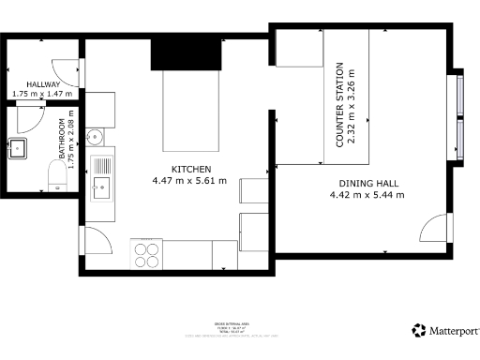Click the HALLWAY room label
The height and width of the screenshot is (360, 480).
tap(43, 84)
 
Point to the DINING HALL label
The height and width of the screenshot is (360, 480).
tap(367, 184)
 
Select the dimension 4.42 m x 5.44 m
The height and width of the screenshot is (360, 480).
tap(367, 195)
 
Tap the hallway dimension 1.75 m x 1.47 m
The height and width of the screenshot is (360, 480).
tap(43, 95)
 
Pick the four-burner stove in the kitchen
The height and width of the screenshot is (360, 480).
tap(147, 253)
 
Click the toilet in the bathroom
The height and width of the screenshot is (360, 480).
tap(57, 173)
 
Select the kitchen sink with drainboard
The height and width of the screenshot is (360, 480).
tap(101, 177)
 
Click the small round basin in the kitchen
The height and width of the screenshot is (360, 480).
tap(93, 138)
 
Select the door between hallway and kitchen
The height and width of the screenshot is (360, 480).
tap(67, 68)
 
